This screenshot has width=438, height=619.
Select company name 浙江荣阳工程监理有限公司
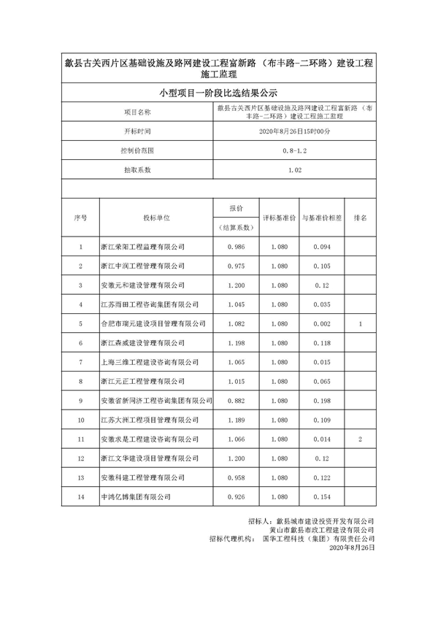pyautogui.click(x=142, y=247)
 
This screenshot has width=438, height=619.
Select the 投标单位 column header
pyautogui.click(x=156, y=218)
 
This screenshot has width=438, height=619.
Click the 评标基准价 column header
pyautogui.click(x=279, y=218)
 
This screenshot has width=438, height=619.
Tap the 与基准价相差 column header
pyautogui.click(x=322, y=218)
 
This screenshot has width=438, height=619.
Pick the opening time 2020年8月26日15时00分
pyautogui.click(x=295, y=131)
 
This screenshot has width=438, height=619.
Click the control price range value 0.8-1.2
pyautogui.click(x=295, y=150)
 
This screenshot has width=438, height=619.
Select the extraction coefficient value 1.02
pyautogui.click(x=295, y=170)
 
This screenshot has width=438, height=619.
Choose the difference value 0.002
pyautogui.click(x=322, y=323)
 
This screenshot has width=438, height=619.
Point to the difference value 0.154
pyautogui.click(x=322, y=496)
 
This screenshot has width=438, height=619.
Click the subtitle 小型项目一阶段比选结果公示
pyautogui.click(x=219, y=93)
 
